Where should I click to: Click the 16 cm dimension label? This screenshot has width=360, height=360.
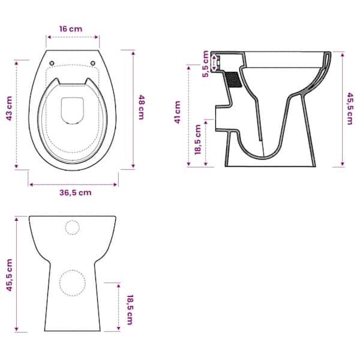[x=70, y=29]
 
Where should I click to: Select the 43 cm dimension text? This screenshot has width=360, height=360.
[x=9, y=109]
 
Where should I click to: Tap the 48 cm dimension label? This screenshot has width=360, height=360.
[x=141, y=107]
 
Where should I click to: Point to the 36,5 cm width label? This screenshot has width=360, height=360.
[x=76, y=193]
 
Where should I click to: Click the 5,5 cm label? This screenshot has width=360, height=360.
[x=205, y=64]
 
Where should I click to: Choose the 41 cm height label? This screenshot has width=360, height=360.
[x=178, y=112]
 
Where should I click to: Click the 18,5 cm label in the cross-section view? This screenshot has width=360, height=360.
[x=197, y=140]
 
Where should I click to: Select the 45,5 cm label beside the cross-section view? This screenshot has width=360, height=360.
[x=349, y=109]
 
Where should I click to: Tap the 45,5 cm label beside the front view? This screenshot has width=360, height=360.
[x=10, y=275]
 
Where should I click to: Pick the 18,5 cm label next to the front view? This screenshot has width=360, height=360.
[x=130, y=310]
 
